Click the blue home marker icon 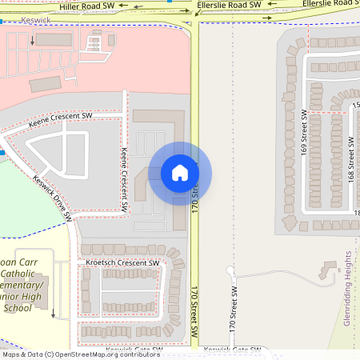[x=180, y=172]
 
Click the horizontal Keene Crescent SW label [x=61, y=120]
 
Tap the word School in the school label [x=18, y=307]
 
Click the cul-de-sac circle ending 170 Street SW [x=230, y=270]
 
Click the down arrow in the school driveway [x=53, y=312]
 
